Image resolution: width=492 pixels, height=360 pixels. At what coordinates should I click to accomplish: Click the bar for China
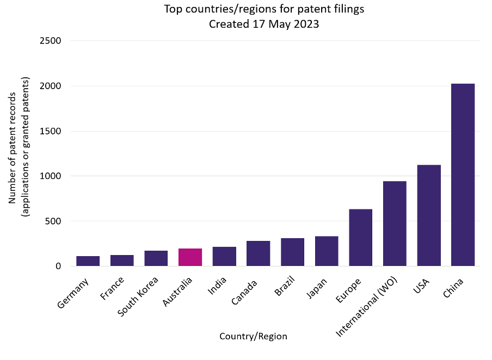coord(463,175)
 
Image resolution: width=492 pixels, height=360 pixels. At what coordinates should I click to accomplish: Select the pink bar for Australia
coord(190,257)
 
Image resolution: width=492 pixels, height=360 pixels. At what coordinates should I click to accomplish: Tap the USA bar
coord(428,215)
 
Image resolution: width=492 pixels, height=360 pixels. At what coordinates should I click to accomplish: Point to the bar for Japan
coord(327,251)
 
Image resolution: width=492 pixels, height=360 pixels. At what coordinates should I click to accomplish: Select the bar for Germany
coord(88,261)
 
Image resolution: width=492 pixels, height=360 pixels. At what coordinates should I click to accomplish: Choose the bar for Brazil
coord(292,252)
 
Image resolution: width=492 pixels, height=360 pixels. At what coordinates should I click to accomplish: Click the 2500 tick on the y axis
coord(50,41)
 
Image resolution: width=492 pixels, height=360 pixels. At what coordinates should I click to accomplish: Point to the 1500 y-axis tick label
coord(50,131)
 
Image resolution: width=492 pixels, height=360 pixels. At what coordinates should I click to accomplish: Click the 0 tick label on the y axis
coord(58,266)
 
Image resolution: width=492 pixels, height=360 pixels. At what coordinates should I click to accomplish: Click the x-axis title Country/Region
coord(253,336)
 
